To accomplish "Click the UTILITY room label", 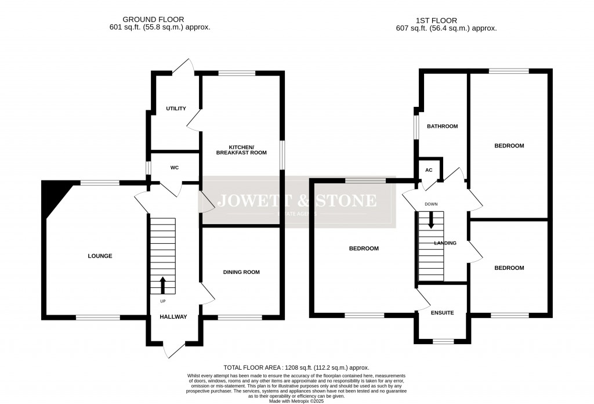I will (x=176, y=109).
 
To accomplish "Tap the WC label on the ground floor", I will (x=174, y=168).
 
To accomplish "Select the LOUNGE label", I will (x=100, y=256).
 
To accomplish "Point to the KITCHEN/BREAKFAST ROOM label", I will (x=241, y=149).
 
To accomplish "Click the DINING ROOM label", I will (x=241, y=272).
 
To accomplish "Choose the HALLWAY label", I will (x=173, y=317).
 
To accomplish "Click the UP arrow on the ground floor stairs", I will (x=162, y=285).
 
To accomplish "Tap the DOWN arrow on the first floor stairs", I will (x=430, y=219).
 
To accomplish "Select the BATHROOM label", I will (x=443, y=127).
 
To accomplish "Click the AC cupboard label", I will (x=429, y=170).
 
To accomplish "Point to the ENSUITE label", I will (x=442, y=313).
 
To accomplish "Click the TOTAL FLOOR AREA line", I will (x=296, y=368).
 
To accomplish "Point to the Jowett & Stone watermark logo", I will (x=296, y=204).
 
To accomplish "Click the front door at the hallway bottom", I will (x=174, y=348).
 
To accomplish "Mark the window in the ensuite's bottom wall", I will (x=443, y=342).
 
